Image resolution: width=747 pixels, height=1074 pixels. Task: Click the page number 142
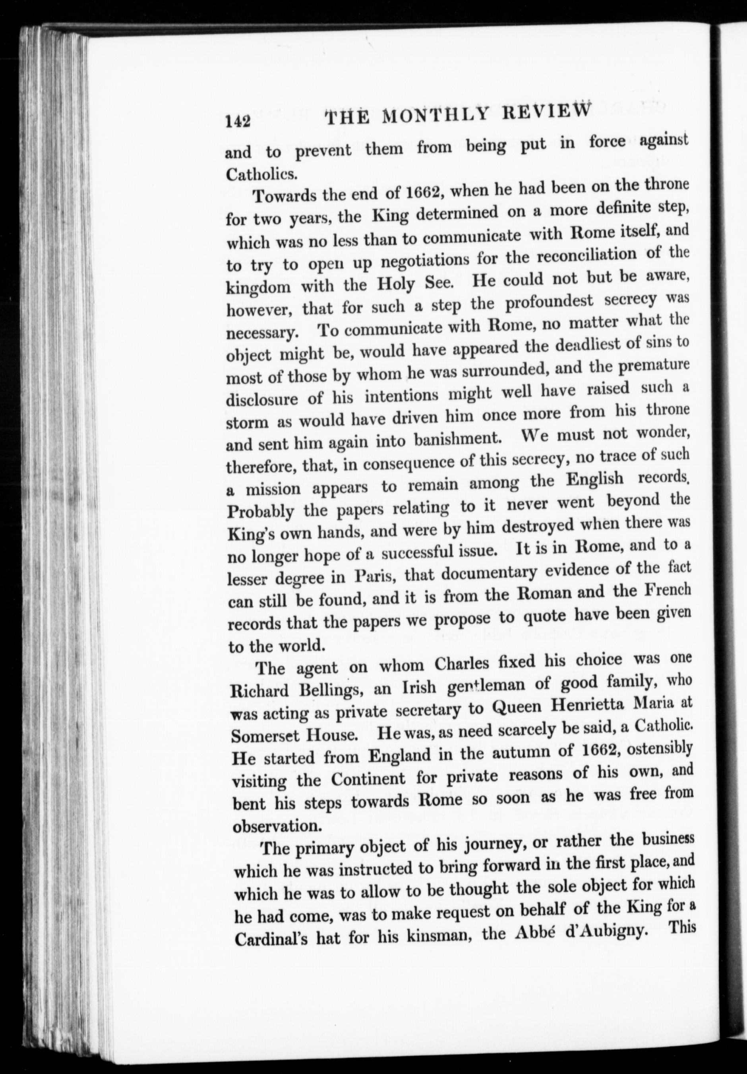point(238,121)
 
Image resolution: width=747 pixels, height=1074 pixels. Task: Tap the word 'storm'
point(248,421)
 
